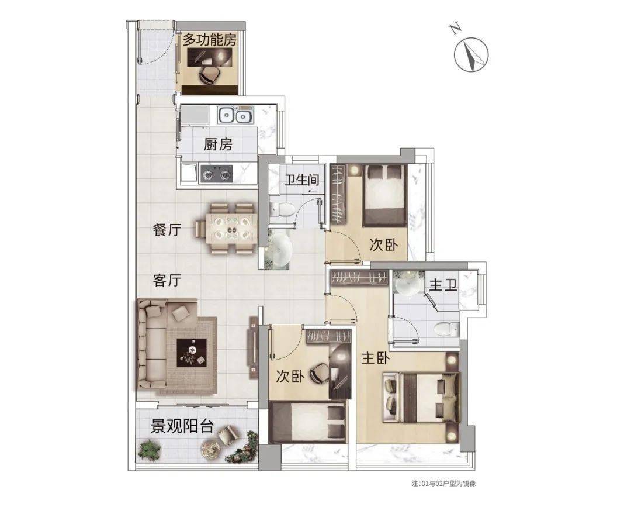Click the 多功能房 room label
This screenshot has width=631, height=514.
click(210, 40)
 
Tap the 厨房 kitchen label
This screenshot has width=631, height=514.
click(218, 144)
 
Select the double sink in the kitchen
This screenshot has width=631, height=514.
click(235, 116)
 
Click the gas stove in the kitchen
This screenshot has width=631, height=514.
click(217, 174)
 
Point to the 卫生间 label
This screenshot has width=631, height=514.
click(302, 180)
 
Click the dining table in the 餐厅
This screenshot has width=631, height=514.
click(230, 229)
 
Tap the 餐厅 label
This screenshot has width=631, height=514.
click(167, 231)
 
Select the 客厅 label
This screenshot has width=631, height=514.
click(167, 280)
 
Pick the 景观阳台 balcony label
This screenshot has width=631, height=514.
click(182, 426)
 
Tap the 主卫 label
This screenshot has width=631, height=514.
click(443, 285)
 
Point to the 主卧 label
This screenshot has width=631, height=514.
click(376, 358)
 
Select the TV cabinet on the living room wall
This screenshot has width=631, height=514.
click(254, 347)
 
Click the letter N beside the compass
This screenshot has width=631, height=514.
click(455, 29)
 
